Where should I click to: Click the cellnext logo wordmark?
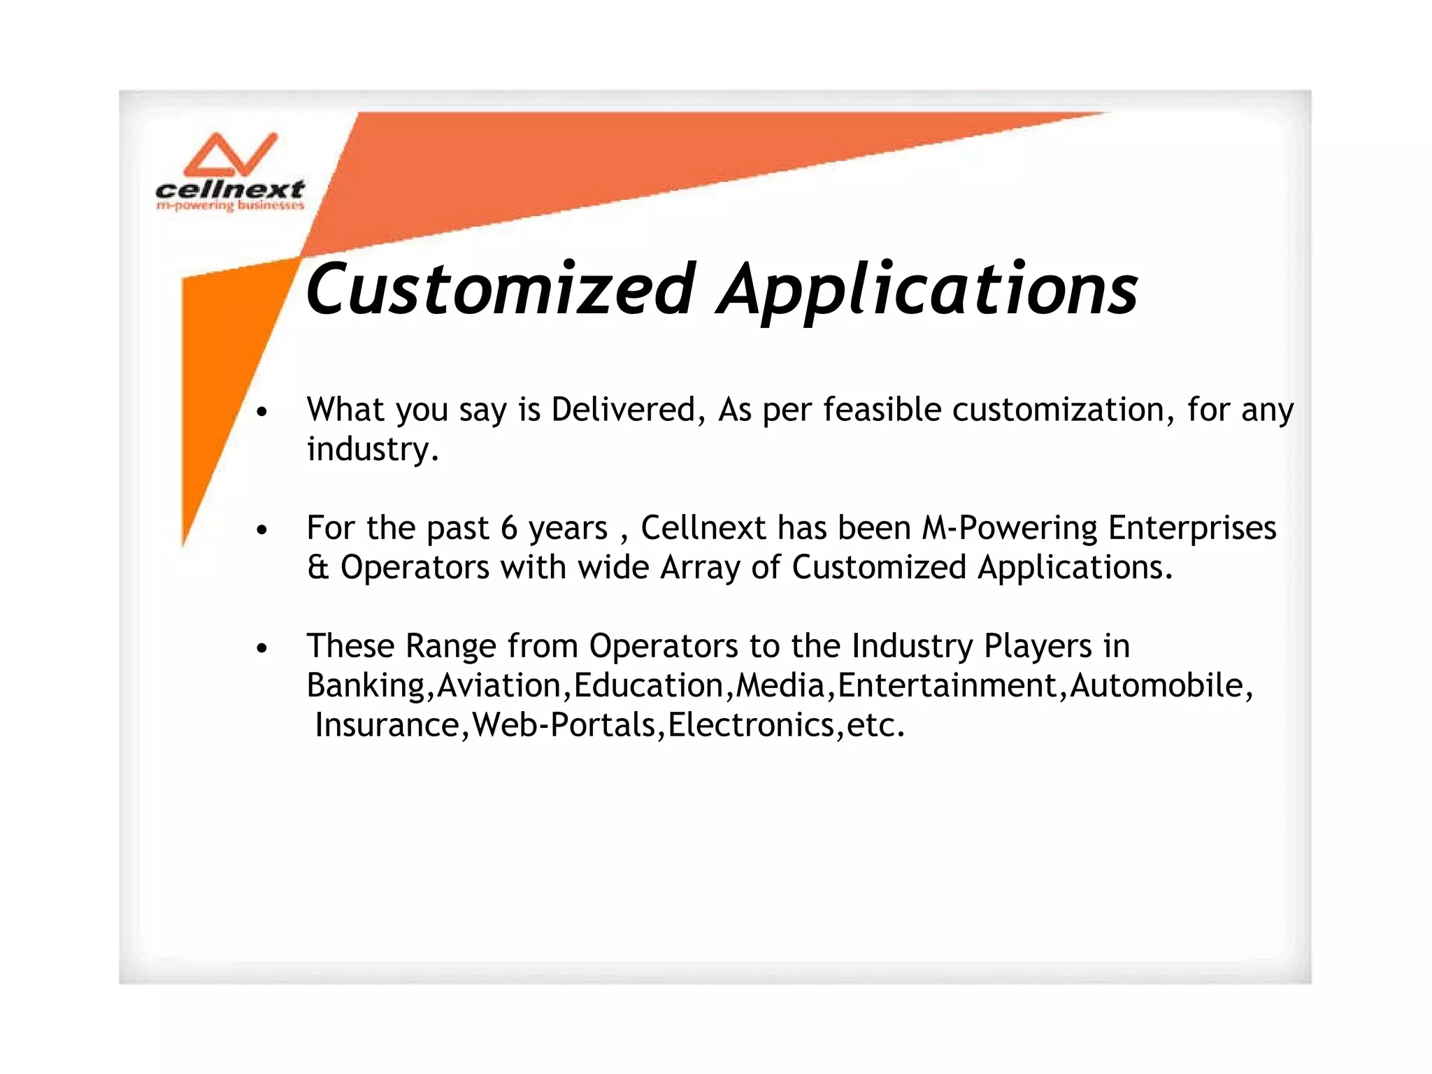click(x=229, y=189)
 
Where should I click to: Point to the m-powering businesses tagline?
click(x=229, y=206)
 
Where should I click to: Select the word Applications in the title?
click(x=928, y=289)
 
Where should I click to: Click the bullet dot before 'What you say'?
click(x=262, y=413)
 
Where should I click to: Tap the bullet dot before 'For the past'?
click(x=262, y=531)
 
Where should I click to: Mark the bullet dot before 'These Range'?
click(x=262, y=649)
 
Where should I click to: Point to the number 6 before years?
click(x=509, y=529)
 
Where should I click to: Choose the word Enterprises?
click(x=1192, y=528)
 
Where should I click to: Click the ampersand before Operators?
click(x=318, y=567)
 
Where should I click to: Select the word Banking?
click(x=366, y=685)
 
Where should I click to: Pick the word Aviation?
click(x=499, y=685)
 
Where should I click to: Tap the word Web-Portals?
click(x=564, y=725)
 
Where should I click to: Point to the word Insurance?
click(x=387, y=725)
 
